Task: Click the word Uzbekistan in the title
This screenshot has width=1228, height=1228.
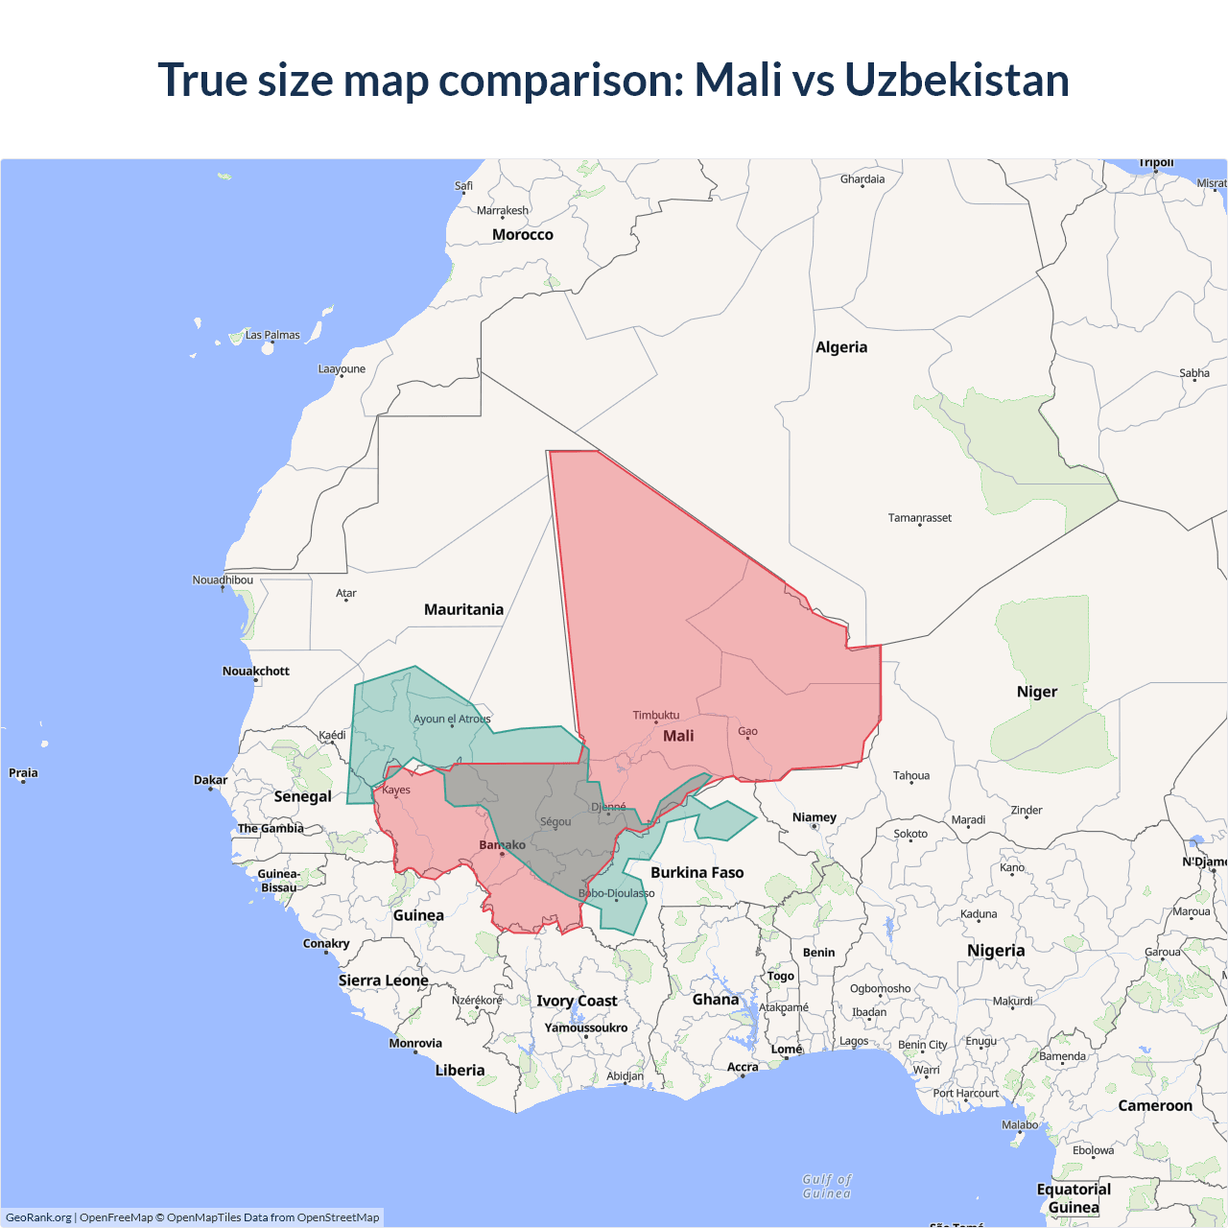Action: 956,80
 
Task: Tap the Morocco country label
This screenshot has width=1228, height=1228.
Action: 522,235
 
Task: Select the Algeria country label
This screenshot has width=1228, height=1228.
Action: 841,347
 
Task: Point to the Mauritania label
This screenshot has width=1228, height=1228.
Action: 463,610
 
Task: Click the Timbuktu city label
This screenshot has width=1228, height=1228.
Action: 656,716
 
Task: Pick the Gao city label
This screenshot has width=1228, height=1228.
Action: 748,732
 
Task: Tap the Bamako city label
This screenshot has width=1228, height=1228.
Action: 502,845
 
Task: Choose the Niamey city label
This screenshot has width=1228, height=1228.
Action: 815,817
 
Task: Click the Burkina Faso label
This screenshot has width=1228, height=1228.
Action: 697,873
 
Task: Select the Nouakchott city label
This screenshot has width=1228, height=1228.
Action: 256,672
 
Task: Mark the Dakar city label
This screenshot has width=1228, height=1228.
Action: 211,780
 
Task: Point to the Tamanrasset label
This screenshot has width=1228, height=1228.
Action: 920,518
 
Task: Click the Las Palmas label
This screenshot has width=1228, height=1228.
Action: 272,336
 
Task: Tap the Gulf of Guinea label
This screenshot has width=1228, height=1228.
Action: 827,1187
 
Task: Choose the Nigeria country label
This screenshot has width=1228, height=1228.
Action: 996,951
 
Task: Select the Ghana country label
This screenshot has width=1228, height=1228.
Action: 716,1000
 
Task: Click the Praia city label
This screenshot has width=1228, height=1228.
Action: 23,773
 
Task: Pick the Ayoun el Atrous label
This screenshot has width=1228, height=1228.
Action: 452,720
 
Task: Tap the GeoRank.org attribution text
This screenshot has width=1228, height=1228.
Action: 38,1217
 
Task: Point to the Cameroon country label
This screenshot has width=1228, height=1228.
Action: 1155,1106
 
